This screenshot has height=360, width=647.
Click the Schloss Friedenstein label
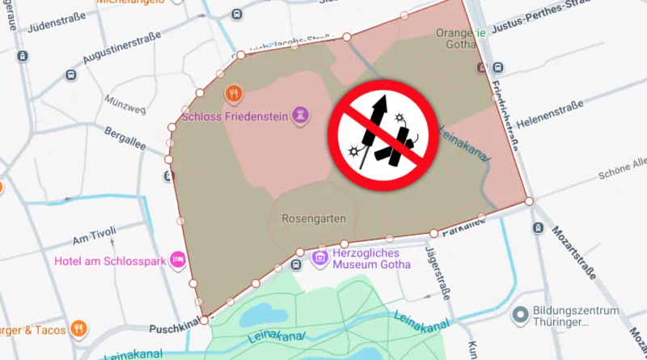[236, 116]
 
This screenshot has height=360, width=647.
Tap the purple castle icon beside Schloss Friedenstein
[301, 114]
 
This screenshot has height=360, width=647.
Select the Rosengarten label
[314, 218]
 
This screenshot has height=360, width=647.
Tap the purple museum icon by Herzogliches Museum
[320, 259]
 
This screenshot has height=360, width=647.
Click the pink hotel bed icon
[178, 260]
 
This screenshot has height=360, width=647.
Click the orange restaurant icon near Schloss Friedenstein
[234, 93]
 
